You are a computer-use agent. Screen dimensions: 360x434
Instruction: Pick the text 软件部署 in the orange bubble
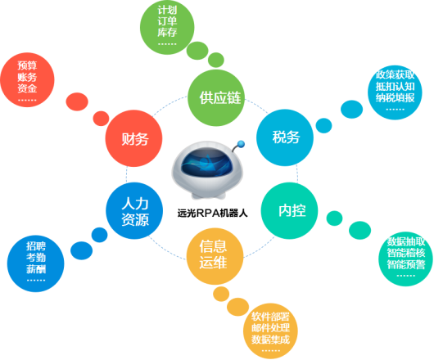(270, 315)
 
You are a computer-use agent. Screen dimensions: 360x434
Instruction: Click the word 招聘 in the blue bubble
(36, 245)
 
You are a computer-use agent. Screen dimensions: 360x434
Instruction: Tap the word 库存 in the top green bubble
(166, 33)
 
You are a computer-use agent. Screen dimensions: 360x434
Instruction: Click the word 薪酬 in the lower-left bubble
(36, 268)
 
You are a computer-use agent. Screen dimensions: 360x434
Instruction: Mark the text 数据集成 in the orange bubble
(270, 338)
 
